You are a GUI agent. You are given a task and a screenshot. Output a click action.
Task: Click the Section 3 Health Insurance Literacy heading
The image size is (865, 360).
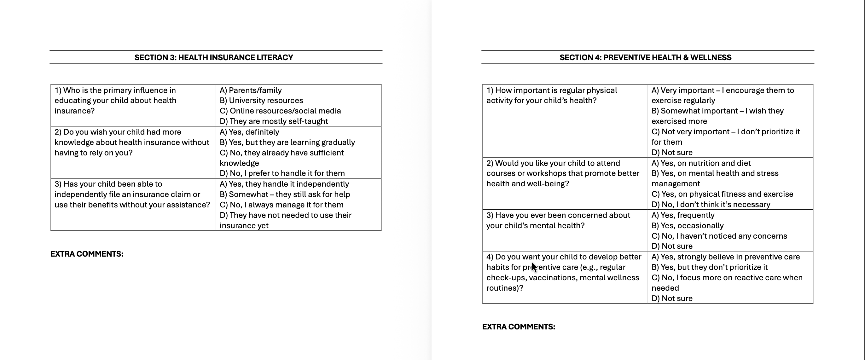point(213,57)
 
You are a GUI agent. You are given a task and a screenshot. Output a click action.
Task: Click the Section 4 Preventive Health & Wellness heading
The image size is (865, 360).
point(645,57)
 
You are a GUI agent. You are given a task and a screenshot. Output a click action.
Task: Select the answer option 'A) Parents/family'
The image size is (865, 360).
point(251,90)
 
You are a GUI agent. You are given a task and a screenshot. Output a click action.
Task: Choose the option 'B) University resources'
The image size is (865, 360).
point(261,101)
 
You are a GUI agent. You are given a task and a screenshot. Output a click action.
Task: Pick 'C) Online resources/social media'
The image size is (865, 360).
point(280,111)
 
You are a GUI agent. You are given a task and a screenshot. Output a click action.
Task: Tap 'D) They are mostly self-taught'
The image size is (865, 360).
point(274,121)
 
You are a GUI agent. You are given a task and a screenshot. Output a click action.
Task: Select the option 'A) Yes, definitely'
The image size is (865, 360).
point(249,132)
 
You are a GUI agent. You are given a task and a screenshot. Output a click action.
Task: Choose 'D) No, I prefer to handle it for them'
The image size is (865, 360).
point(282,173)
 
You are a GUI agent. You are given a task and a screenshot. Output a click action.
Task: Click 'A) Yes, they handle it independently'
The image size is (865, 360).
point(284,184)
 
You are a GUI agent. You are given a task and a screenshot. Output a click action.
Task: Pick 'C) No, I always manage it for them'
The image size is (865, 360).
point(282,205)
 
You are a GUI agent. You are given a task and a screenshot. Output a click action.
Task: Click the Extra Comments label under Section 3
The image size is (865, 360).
point(87,254)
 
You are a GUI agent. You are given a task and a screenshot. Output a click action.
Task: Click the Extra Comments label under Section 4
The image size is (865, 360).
point(519,327)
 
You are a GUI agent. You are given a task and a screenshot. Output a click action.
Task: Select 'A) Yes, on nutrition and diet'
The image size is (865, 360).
point(701,163)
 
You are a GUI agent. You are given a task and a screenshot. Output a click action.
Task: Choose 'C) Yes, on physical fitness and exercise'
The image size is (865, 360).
point(722,194)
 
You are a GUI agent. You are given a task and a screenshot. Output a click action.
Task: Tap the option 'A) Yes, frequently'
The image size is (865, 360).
point(683,215)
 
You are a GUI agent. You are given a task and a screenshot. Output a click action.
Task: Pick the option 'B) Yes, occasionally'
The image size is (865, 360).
point(687,226)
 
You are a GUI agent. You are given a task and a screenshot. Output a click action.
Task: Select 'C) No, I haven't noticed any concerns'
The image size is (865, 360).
point(719,236)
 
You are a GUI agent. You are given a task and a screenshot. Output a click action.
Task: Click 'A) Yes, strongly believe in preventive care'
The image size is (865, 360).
point(725,257)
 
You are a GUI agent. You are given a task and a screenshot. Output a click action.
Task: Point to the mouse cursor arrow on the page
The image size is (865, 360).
point(534,267)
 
